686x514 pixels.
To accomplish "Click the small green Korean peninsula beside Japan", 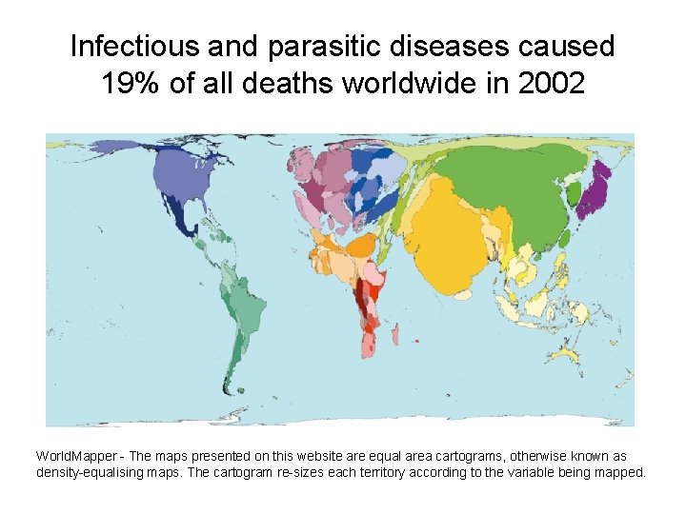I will [575, 196].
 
